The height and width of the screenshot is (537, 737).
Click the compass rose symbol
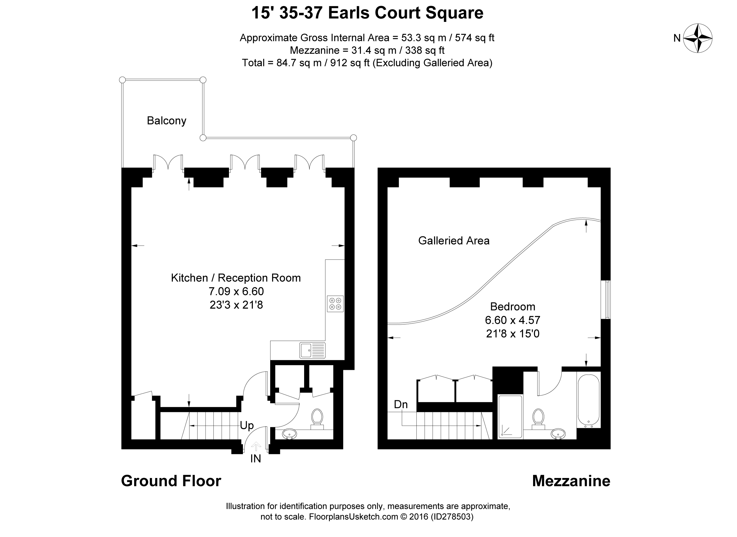tap(698, 38)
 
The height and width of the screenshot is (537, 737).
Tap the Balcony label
tap(166, 121)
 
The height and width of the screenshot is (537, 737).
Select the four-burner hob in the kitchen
tap(335, 304)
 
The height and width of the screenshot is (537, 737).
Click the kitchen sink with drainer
tap(312, 350)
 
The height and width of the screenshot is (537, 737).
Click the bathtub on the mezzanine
tap(589, 401)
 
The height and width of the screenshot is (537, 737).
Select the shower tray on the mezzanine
tap(510, 417)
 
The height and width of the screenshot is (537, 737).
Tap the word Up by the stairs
tap(247, 425)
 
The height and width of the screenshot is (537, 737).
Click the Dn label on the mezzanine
tap(401, 404)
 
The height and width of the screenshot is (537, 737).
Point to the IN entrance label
tap(255, 459)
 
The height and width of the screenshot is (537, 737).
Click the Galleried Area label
tap(453, 240)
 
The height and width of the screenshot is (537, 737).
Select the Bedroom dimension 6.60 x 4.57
tap(512, 320)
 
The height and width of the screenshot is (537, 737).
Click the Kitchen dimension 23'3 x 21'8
tap(236, 305)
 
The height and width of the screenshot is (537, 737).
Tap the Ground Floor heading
tap(171, 481)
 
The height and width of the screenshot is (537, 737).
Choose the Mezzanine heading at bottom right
tap(571, 481)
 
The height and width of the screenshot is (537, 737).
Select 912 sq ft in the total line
tap(350, 63)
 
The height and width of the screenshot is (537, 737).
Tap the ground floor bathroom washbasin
tap(289, 434)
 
